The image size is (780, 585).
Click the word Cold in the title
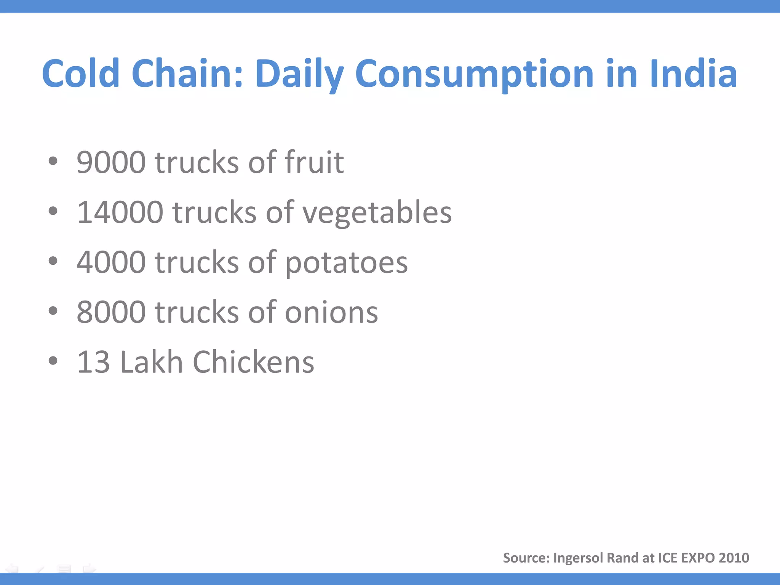click(x=81, y=74)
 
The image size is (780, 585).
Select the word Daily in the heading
click(x=299, y=74)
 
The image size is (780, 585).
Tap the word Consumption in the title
click(x=474, y=74)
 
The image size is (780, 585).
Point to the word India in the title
click(x=694, y=74)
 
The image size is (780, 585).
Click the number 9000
click(x=111, y=163)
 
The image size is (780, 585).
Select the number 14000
click(x=120, y=213)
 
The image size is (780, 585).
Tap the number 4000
click(x=111, y=262)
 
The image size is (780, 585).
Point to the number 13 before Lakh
click(x=94, y=362)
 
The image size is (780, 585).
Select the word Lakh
click(x=152, y=362)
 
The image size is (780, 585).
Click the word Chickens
click(x=254, y=362)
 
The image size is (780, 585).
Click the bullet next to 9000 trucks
click(x=53, y=161)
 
